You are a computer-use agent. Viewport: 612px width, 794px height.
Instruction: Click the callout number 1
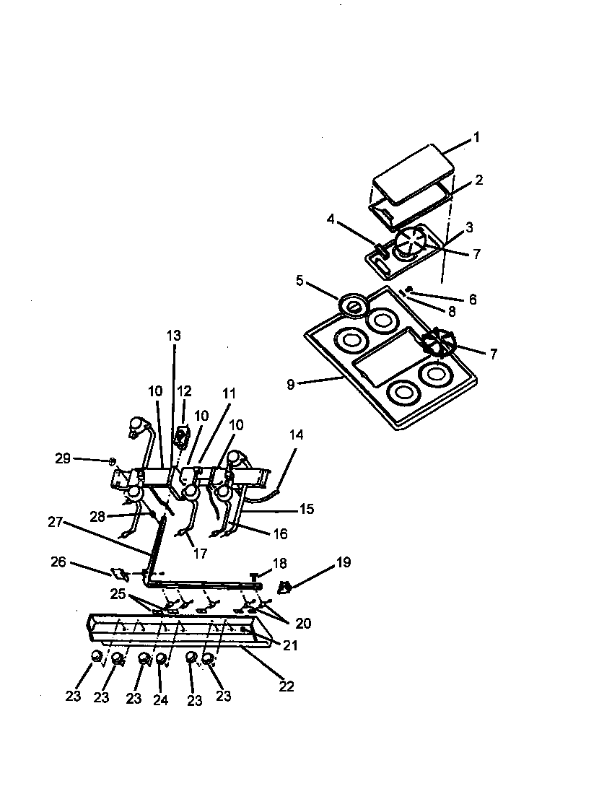(x=476, y=137)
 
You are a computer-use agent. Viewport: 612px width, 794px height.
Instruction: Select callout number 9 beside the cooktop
(x=290, y=385)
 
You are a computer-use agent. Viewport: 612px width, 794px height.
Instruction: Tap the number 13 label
(x=174, y=335)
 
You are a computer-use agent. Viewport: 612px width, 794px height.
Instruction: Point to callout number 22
(x=287, y=686)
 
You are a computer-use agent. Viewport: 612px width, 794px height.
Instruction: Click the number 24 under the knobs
(x=160, y=700)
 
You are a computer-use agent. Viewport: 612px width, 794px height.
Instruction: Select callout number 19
(x=344, y=562)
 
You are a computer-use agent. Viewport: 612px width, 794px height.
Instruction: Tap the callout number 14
(x=296, y=435)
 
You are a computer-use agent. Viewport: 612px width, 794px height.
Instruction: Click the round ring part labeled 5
(x=353, y=306)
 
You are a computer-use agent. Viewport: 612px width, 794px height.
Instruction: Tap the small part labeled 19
(x=286, y=587)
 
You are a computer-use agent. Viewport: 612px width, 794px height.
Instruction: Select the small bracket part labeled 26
(x=119, y=575)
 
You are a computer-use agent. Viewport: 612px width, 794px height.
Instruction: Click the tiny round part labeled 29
(x=113, y=461)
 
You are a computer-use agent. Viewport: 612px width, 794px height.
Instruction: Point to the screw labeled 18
(x=255, y=575)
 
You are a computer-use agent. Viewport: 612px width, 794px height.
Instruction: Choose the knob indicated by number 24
(x=161, y=658)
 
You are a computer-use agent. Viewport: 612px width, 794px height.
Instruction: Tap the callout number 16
(x=280, y=534)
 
